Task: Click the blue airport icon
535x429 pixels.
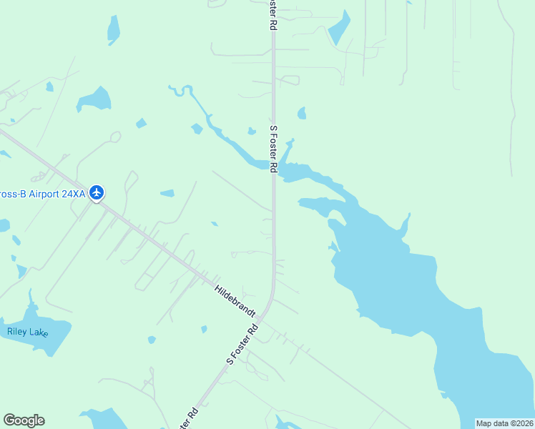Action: point(97,193)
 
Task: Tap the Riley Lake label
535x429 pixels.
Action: point(27,331)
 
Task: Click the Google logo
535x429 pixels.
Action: point(24,420)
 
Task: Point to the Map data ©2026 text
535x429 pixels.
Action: point(505,423)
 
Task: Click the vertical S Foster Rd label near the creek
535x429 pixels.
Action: point(273,149)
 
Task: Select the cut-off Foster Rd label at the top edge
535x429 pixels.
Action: point(273,14)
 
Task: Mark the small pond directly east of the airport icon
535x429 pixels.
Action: point(167,193)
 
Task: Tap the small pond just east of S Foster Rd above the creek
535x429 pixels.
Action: point(302,113)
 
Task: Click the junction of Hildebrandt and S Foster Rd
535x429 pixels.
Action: point(262,318)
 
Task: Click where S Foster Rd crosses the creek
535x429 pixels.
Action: point(273,166)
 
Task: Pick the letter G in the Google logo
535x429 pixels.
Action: point(10,420)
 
